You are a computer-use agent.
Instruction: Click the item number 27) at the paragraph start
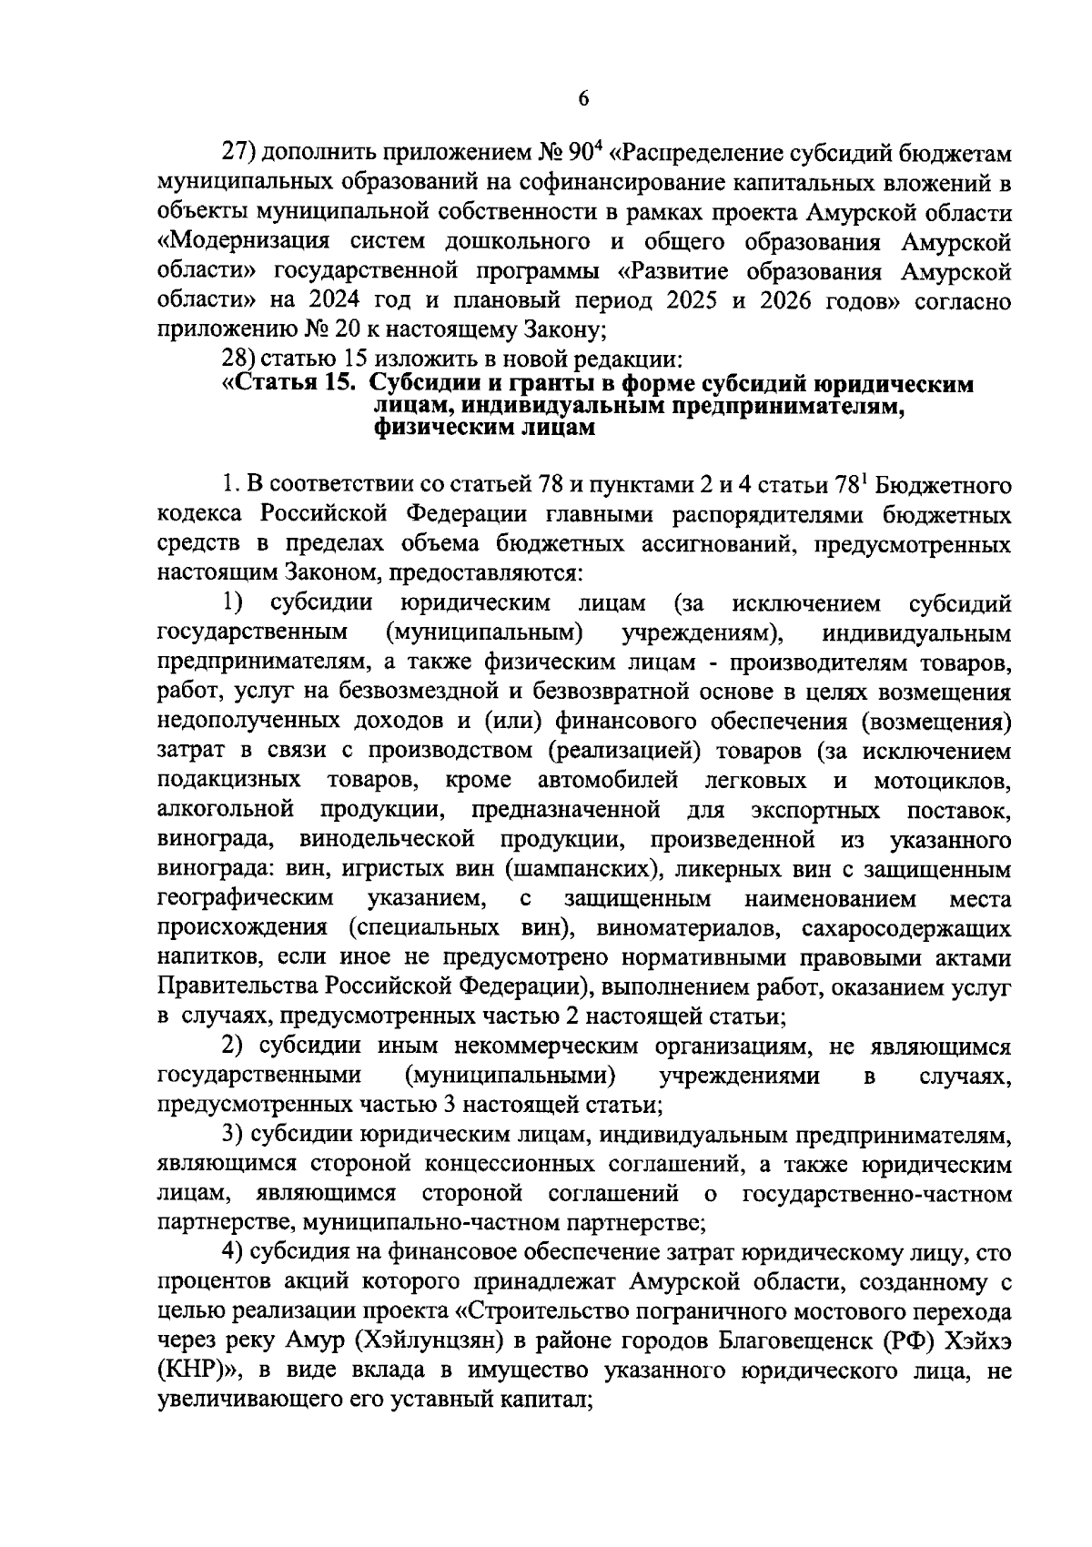(x=241, y=152)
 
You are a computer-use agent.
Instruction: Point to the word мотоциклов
(x=942, y=782)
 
